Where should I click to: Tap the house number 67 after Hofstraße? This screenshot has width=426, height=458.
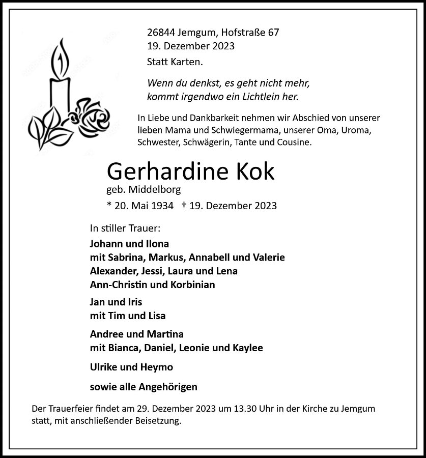point(273,33)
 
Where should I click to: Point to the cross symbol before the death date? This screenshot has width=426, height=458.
point(184,205)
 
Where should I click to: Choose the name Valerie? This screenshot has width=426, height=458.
point(267,257)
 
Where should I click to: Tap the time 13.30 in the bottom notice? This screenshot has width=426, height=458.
point(245,409)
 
